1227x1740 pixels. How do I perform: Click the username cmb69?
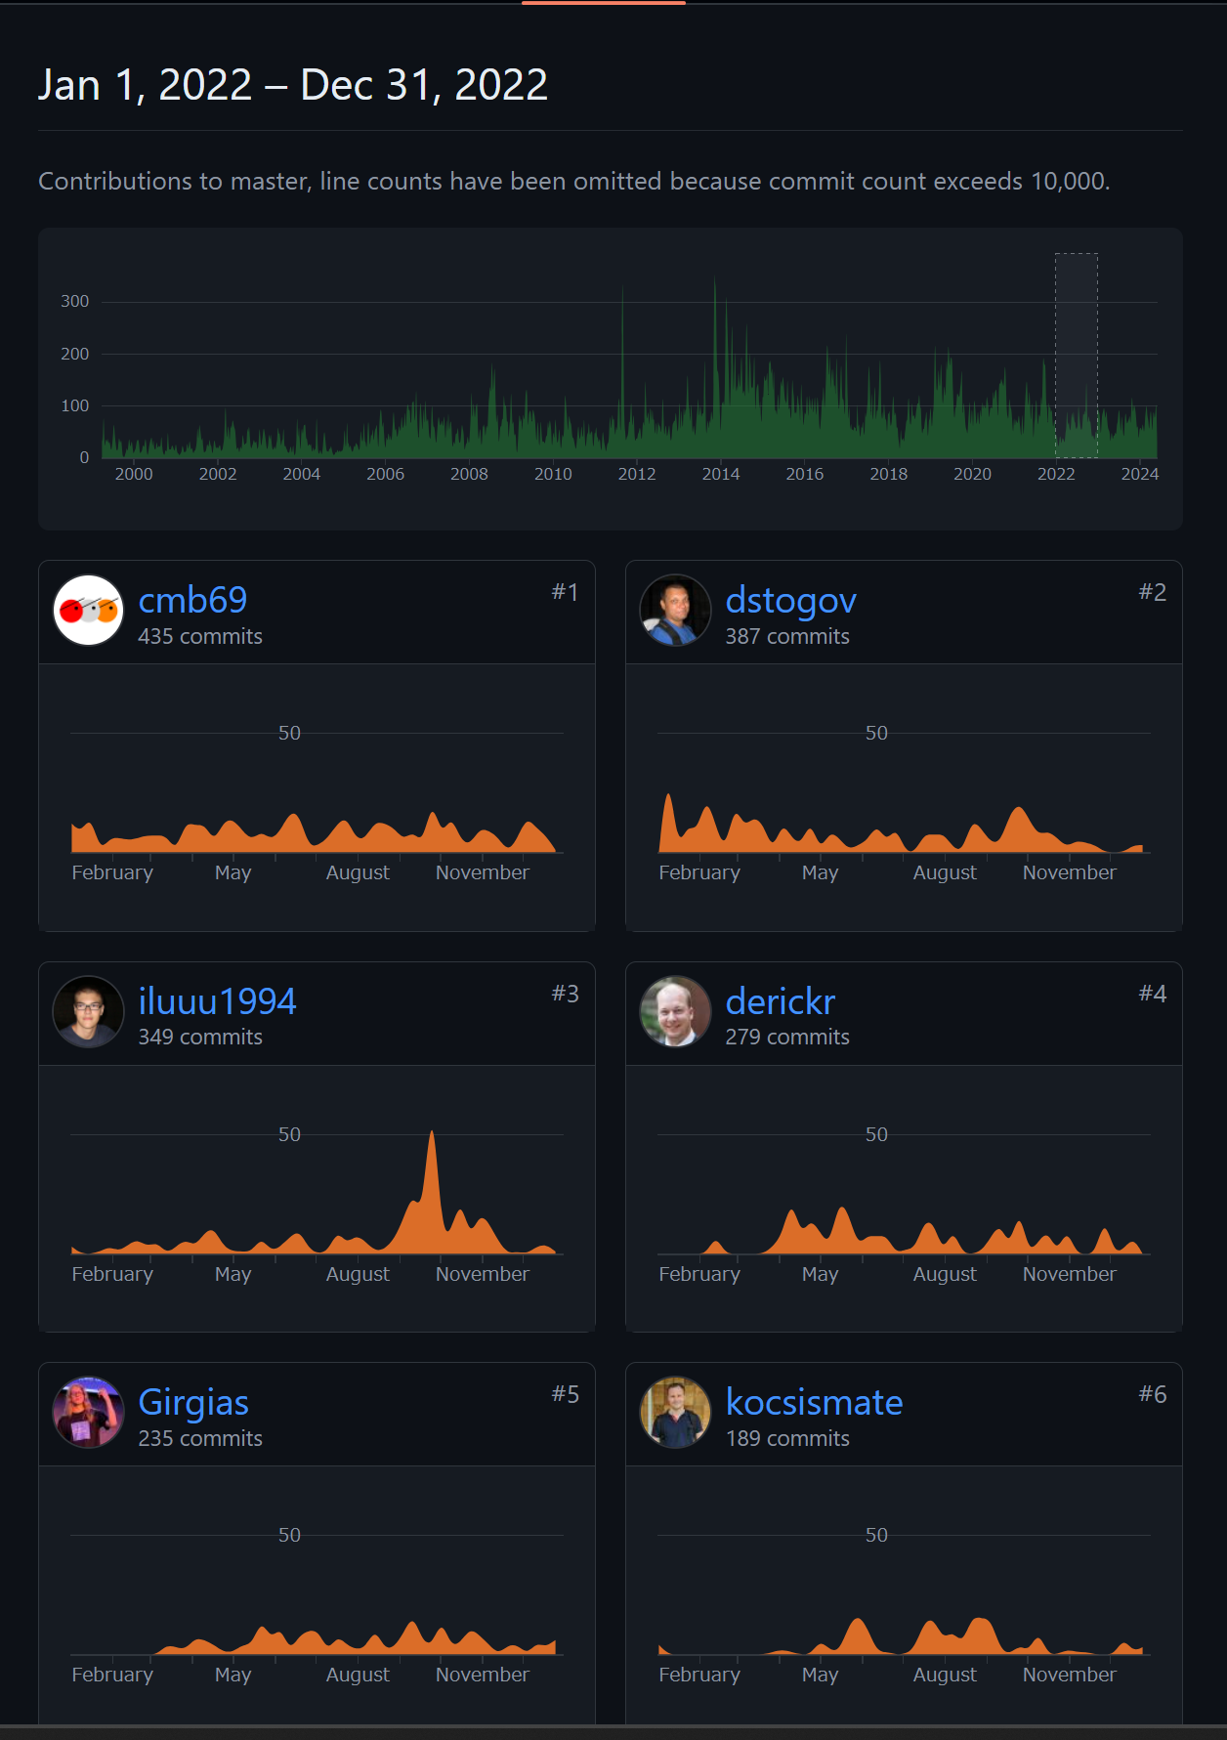(192, 600)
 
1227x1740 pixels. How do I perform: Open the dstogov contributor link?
(790, 600)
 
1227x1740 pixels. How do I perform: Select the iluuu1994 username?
(217, 1001)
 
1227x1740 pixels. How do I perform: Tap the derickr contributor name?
(780, 1001)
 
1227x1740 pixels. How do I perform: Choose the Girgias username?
(193, 1402)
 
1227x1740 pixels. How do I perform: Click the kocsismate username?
(814, 1402)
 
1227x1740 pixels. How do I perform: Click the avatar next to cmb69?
(89, 611)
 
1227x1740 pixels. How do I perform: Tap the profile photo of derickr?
(675, 1011)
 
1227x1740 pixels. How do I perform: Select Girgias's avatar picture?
(89, 1413)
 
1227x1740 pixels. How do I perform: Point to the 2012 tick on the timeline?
(637, 474)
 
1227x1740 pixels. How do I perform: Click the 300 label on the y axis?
(75, 301)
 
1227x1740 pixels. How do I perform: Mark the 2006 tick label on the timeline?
(385, 474)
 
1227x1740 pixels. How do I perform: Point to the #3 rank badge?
(565, 994)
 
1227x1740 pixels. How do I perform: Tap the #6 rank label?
(1152, 1394)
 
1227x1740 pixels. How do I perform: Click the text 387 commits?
(786, 636)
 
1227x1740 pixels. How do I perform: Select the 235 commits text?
(200, 1438)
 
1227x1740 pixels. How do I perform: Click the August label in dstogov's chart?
(944, 872)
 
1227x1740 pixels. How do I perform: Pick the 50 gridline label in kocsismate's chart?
(876, 1535)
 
